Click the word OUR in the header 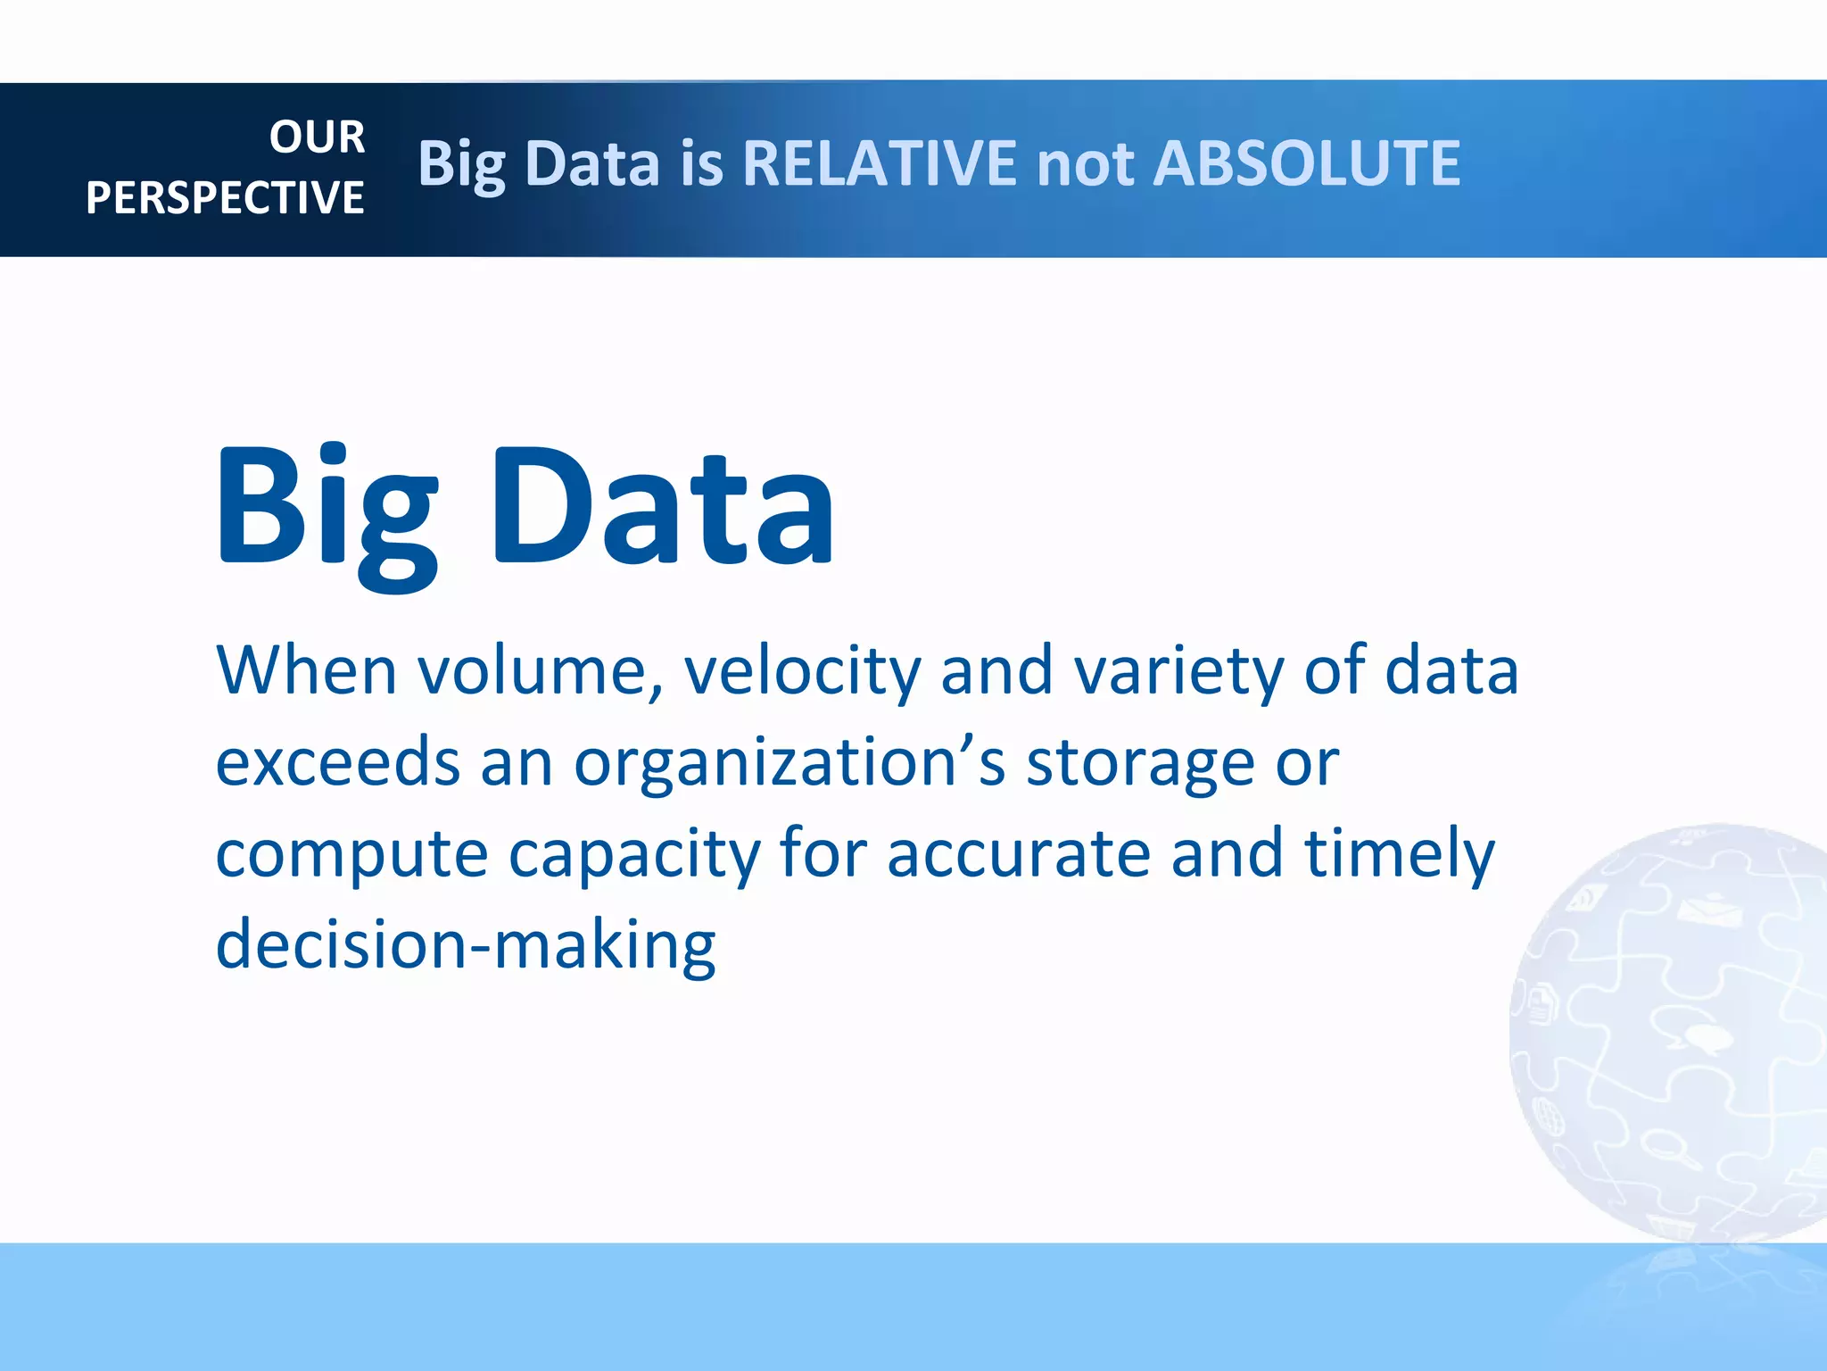point(317,137)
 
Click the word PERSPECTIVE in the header point(225,198)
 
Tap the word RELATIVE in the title point(879,164)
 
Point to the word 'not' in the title point(1085,166)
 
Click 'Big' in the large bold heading point(327,509)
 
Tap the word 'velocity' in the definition point(802,671)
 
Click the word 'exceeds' point(338,763)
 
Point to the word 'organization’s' point(789,765)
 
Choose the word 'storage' point(1139,765)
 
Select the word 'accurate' point(1018,855)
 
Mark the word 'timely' point(1399,855)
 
